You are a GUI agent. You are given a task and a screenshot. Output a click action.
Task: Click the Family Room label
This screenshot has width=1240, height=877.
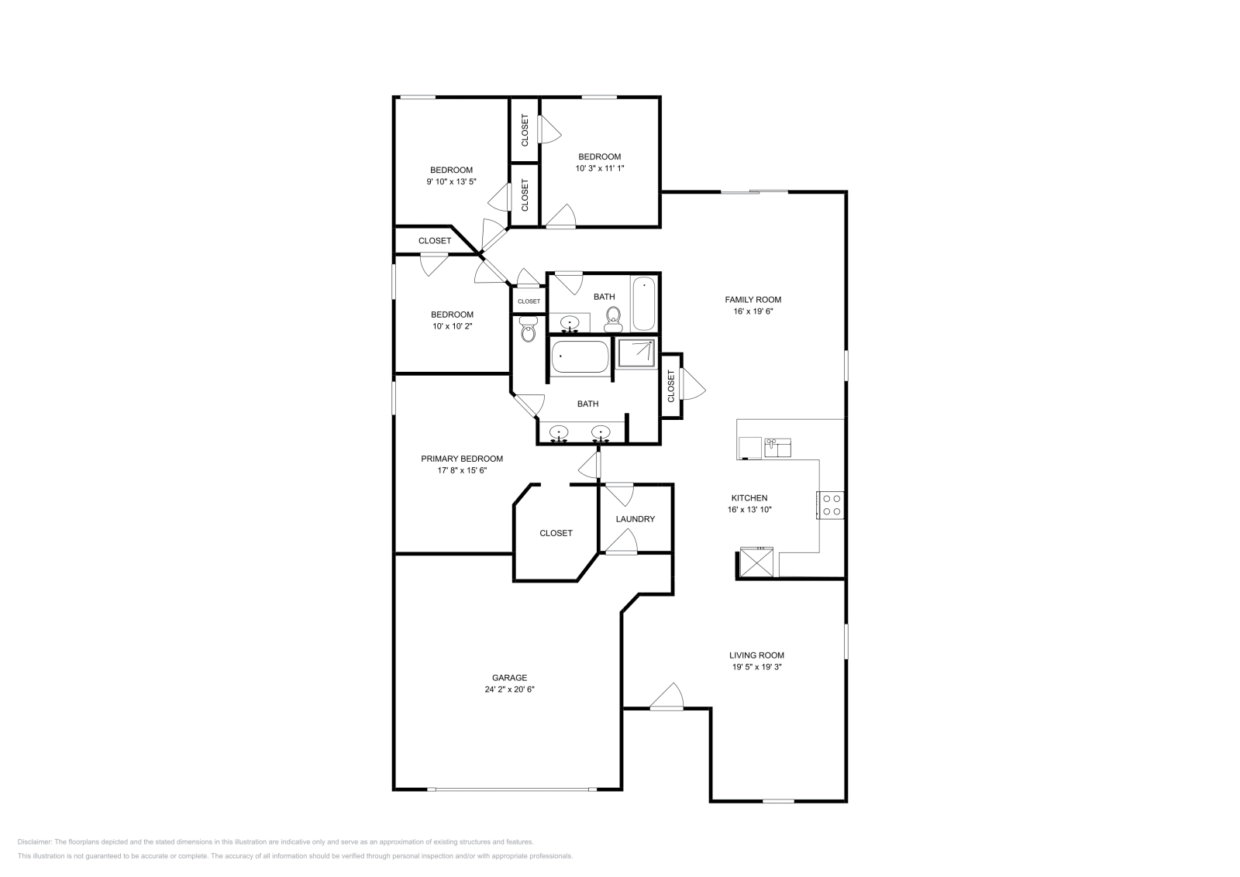pos(753,300)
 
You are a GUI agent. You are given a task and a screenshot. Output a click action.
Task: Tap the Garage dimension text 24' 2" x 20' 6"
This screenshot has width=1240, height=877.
pos(509,689)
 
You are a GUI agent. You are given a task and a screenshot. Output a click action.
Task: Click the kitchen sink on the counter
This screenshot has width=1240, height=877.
pos(777,447)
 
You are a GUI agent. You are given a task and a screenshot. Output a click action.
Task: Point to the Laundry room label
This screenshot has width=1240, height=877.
pos(635,519)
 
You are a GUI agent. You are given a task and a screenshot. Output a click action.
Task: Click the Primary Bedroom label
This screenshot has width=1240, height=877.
pos(462,459)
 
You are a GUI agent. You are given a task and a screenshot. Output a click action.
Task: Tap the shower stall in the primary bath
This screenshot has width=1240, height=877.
pos(635,353)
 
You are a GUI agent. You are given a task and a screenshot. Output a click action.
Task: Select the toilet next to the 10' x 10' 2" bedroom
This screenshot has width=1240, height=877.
pos(529,330)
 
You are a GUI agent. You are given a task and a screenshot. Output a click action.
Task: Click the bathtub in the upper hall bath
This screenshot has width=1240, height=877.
pos(644,304)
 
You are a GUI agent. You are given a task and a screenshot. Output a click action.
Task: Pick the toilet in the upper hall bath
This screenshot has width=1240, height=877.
pos(613,319)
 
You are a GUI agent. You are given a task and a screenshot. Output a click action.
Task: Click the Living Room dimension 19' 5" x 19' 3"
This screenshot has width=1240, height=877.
pos(756,666)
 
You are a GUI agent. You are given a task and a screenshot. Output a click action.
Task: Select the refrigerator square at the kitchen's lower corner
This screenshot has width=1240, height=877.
pos(756,562)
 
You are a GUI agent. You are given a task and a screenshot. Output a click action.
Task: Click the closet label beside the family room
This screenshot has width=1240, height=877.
pos(671,386)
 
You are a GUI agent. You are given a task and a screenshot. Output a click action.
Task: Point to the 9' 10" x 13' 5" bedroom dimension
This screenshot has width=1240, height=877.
pos(451,182)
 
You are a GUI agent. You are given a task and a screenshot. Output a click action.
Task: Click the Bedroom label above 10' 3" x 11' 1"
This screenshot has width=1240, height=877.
pos(599,156)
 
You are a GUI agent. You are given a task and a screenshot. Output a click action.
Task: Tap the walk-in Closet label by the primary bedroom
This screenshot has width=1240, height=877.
pos(556,533)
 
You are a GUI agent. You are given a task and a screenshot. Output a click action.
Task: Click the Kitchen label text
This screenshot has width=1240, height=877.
pos(749,498)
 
